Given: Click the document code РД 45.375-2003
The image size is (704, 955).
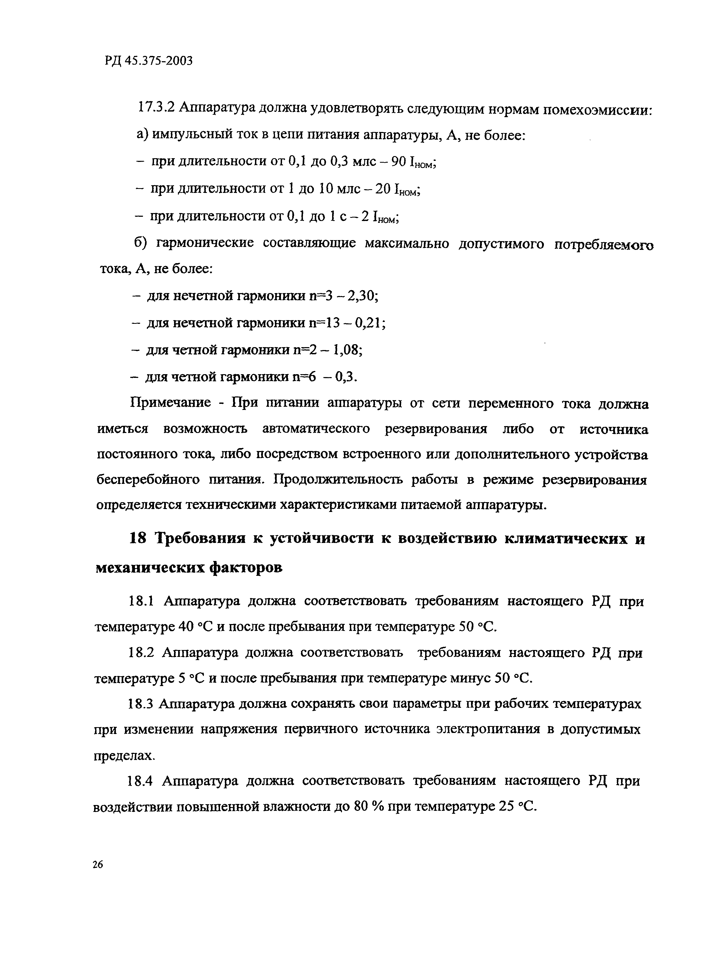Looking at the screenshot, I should pos(148,61).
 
